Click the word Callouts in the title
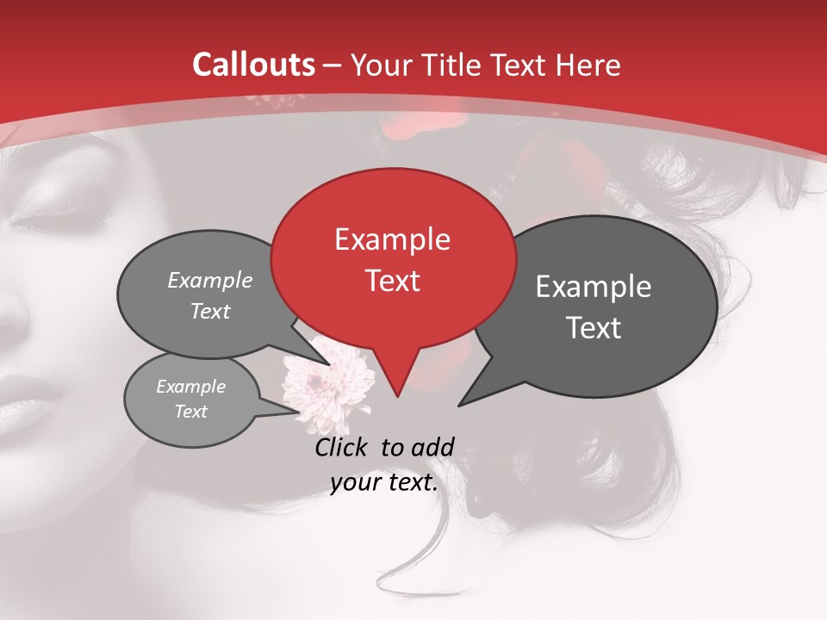pyautogui.click(x=254, y=65)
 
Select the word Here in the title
pyautogui.click(x=589, y=65)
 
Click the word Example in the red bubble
pyautogui.click(x=392, y=239)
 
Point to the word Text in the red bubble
pyautogui.click(x=393, y=281)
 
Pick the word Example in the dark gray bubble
pyautogui.click(x=594, y=287)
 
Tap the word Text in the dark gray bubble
pyautogui.click(x=594, y=328)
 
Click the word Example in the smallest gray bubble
pyautogui.click(x=190, y=387)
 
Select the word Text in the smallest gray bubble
pyautogui.click(x=191, y=412)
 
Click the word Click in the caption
pyautogui.click(x=343, y=447)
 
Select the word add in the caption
pyautogui.click(x=432, y=447)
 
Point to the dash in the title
pyautogui.click(x=333, y=65)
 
